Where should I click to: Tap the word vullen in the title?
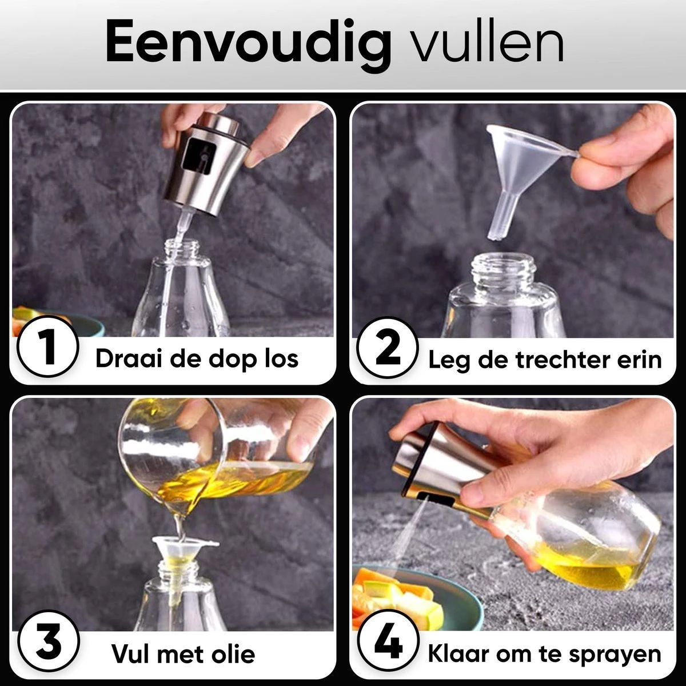[489, 43]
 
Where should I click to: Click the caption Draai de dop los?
[197, 358]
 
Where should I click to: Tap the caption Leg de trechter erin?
[545, 359]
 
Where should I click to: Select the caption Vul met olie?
[183, 653]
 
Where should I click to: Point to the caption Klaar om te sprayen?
[544, 653]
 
